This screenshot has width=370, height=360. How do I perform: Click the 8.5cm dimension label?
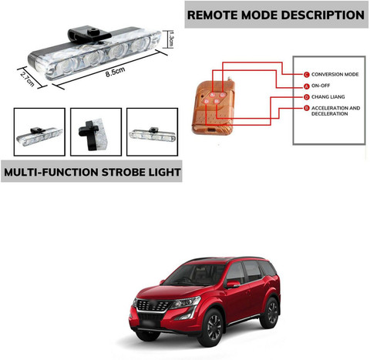tap(115, 72)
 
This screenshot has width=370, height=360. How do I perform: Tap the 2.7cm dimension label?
tap(27, 79)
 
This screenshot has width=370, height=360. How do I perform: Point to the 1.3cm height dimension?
tap(171, 39)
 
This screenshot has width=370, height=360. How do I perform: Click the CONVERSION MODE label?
tap(335, 74)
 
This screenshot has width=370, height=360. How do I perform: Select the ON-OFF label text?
tap(321, 86)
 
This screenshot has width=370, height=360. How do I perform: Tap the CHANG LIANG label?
tap(328, 97)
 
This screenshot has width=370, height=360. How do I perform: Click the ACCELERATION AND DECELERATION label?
tap(335, 111)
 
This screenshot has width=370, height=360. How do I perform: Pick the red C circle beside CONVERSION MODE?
tap(306, 75)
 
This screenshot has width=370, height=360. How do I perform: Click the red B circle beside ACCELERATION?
tap(306, 108)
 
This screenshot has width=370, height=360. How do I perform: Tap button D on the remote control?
tap(207, 102)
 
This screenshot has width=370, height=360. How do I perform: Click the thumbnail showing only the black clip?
tap(96, 132)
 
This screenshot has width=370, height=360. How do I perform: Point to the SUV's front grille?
tap(153, 306)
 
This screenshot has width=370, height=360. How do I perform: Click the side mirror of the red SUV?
tap(233, 284)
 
